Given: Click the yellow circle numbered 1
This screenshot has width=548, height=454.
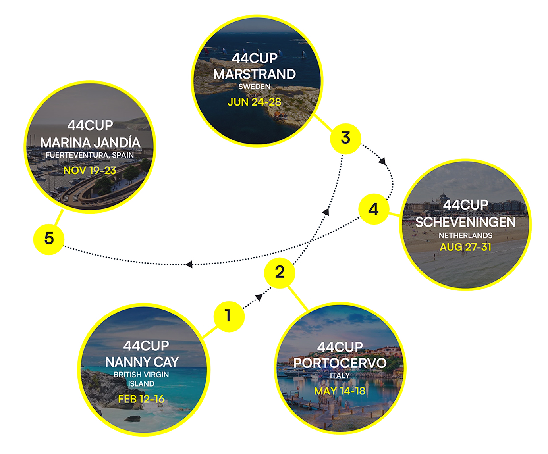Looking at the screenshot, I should click(x=228, y=315).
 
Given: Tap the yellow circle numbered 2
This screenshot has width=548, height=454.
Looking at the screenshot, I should click(x=280, y=273).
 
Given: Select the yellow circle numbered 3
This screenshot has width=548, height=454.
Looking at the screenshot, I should click(x=345, y=139).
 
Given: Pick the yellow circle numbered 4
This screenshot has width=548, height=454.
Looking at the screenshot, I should click(x=373, y=209).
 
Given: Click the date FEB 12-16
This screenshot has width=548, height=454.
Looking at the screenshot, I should click(x=141, y=399).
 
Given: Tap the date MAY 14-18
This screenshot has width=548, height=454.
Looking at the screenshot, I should click(x=340, y=391).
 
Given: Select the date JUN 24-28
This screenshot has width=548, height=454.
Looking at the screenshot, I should click(x=254, y=102).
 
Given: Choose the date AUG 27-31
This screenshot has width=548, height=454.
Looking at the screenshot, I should click(x=465, y=247).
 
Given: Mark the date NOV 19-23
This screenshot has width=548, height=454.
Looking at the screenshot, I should click(x=90, y=171).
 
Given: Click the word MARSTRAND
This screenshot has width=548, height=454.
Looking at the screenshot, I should click(x=254, y=74).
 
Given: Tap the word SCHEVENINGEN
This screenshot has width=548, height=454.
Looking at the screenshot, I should click(x=465, y=222).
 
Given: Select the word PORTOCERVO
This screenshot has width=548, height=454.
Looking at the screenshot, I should click(x=340, y=363).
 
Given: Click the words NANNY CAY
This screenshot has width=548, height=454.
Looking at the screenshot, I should click(x=141, y=362).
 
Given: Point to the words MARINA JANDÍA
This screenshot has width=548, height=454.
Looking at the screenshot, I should click(x=90, y=142).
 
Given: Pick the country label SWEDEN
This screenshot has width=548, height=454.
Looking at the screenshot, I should click(x=254, y=87).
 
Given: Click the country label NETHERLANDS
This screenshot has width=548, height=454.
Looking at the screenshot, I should click(x=465, y=235).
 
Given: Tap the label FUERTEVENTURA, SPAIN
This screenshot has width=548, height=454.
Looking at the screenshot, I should click(x=90, y=155).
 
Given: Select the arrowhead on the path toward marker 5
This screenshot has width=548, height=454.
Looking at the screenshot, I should click(x=189, y=264).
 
